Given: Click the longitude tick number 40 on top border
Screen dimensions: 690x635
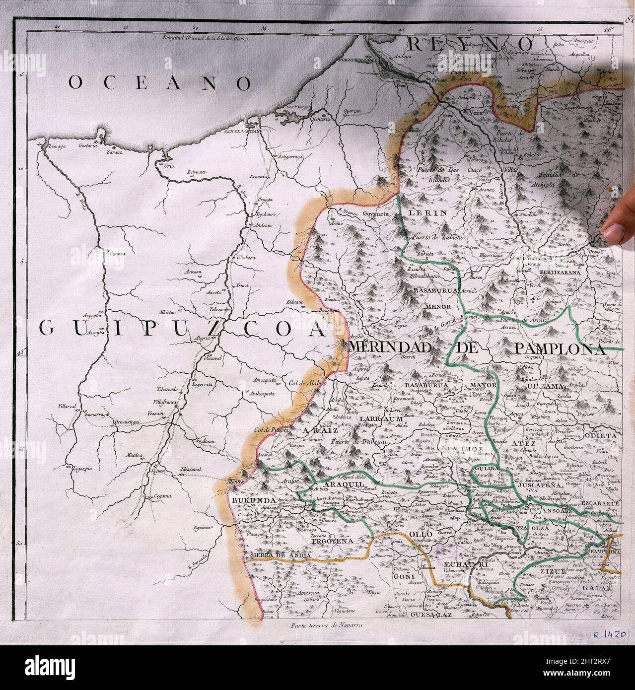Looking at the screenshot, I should pyautogui.click(x=331, y=30).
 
